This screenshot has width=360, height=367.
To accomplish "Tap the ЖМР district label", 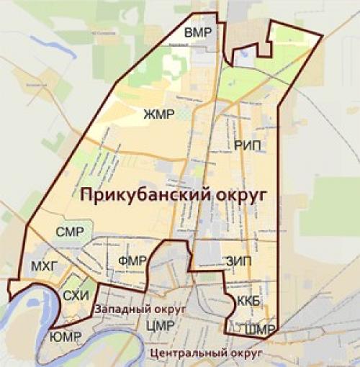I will [159, 113].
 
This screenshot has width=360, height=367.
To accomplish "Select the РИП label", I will [247, 145].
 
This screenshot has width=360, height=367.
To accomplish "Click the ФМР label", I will [132, 260].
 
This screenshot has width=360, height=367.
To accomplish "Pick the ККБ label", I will [246, 300].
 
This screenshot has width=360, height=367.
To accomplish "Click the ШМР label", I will [261, 330].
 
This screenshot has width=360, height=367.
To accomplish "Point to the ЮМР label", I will [66, 337].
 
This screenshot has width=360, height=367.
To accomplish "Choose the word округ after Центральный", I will [245, 354].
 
